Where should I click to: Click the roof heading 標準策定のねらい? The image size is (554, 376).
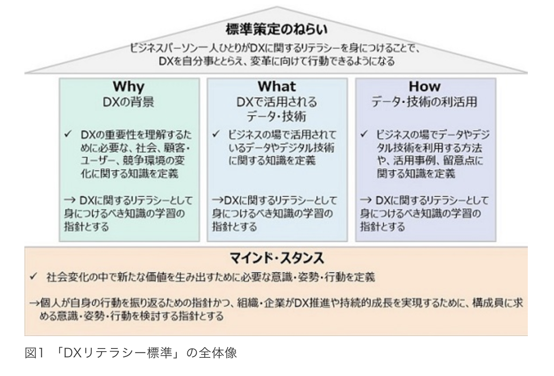(277, 29)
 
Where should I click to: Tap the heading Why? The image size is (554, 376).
(129, 87)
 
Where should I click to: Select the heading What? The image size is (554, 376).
(277, 86)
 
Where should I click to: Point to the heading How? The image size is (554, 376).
(425, 86)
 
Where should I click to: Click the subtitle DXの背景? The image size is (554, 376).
(128, 102)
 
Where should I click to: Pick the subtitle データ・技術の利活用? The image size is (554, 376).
(424, 102)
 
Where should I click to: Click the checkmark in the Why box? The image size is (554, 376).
(67, 134)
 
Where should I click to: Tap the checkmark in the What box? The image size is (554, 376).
(216, 134)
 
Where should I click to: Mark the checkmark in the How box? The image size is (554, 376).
(364, 134)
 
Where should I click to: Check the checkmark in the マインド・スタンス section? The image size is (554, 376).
(33, 276)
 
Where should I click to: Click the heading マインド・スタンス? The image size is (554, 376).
(277, 258)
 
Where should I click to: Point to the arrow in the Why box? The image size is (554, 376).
(70, 200)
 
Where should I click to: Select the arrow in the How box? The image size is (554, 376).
(365, 200)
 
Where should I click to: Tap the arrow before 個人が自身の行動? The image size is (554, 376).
(35, 303)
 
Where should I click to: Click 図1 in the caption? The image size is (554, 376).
(34, 353)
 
